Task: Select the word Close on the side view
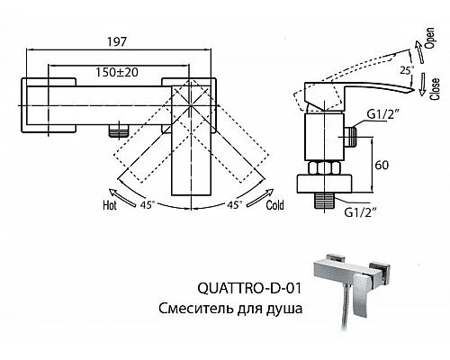tap(435, 91)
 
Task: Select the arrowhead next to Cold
tap(273, 190)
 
